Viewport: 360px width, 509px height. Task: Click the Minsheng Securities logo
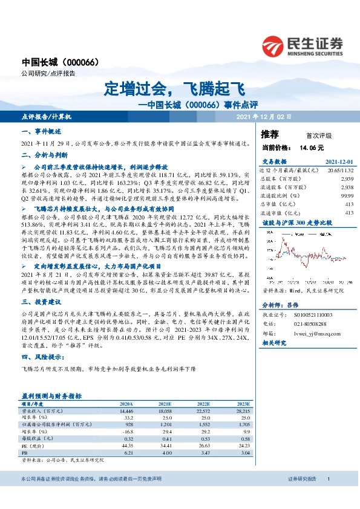pos(302,46)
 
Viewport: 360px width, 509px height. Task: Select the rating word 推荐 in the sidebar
pos(269,134)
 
